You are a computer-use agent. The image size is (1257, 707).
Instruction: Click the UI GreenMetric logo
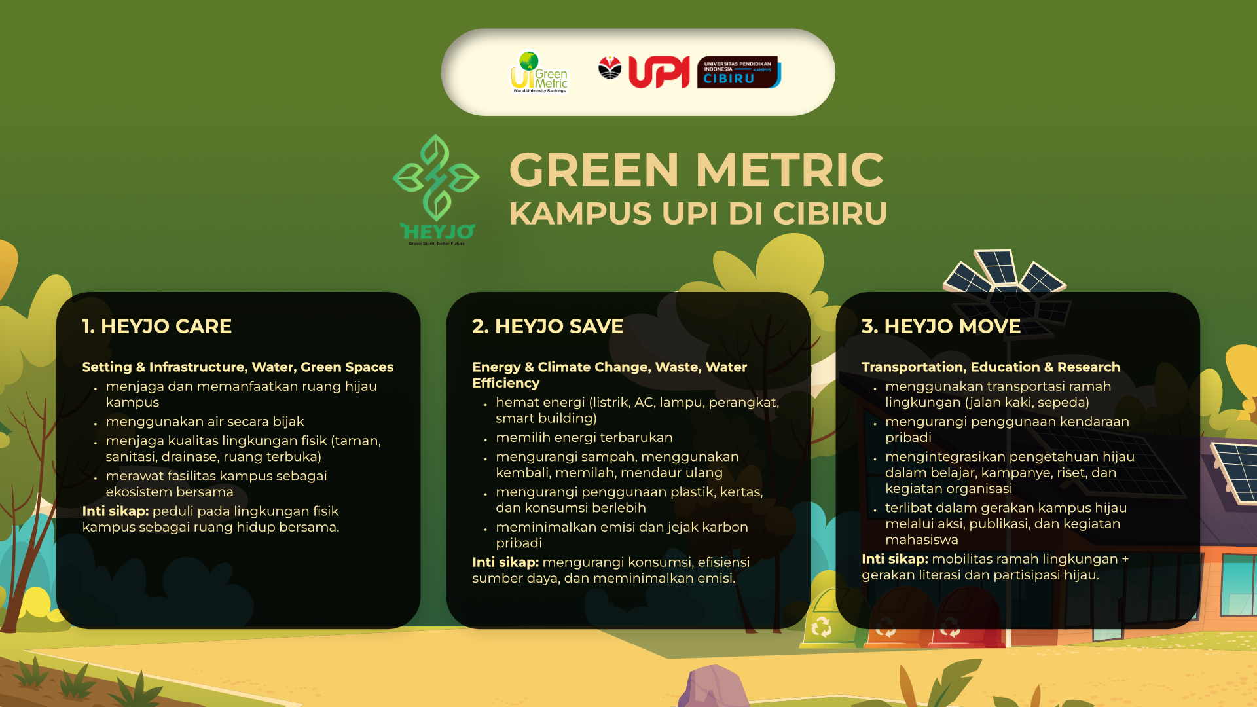[539, 72]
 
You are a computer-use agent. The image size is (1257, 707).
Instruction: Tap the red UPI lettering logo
[659, 72]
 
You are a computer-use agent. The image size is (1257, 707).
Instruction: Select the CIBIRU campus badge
[738, 72]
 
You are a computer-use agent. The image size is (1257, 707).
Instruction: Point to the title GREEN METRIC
[697, 170]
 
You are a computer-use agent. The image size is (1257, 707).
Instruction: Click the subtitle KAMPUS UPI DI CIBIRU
[698, 213]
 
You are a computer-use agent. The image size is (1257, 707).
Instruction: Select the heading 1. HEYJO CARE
[157, 326]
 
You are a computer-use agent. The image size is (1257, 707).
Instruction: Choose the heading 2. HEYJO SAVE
[547, 326]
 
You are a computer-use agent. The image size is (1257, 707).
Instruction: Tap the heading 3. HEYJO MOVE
[941, 326]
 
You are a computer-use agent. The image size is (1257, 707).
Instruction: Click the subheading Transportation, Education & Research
[991, 367]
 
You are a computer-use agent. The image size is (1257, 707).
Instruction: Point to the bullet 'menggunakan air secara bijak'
[205, 422]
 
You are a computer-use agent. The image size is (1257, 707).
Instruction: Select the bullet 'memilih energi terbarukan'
[584, 437]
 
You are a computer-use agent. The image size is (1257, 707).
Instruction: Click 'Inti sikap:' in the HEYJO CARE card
[115, 511]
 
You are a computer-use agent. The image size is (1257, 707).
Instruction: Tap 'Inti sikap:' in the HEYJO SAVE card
[505, 562]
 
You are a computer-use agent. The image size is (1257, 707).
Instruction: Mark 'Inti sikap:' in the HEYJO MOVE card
[895, 559]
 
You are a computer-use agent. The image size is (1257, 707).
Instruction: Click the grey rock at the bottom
[714, 687]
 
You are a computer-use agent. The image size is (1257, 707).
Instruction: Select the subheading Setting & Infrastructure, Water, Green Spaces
[238, 367]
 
